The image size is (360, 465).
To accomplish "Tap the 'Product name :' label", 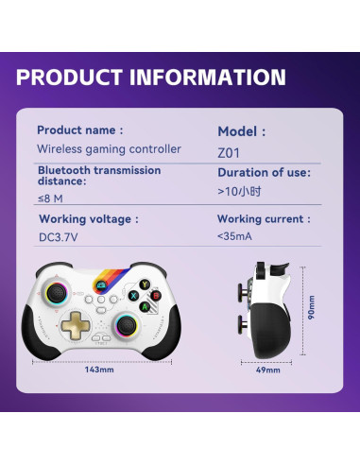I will click(80, 130).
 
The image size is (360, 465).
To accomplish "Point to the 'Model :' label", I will click(242, 132).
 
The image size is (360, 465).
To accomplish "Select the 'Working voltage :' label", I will click(88, 219).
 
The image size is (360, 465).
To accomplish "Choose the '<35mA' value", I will click(233, 236).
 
